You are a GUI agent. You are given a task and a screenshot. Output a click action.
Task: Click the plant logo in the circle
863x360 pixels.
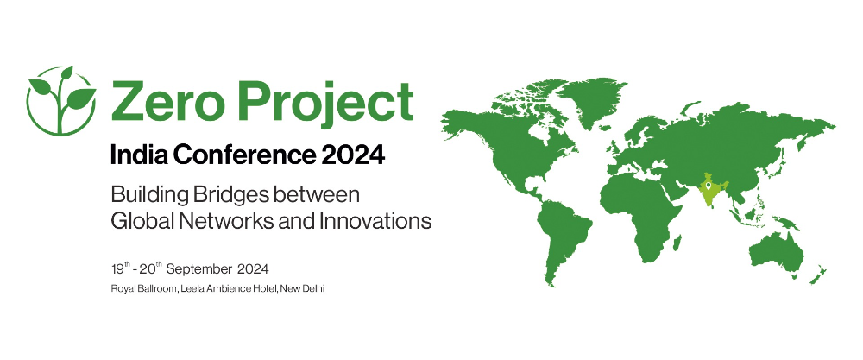[x=61, y=101]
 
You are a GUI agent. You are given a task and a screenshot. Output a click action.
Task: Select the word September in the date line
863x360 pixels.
[x=199, y=269]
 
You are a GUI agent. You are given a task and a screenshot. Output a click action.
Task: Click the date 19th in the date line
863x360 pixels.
[x=121, y=268]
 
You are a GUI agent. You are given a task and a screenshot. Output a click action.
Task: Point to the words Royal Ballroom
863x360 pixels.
[x=143, y=288]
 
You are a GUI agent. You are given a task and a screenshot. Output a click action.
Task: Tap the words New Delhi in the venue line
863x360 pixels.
[x=303, y=288]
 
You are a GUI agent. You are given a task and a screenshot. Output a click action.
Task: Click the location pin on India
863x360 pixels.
[x=708, y=186]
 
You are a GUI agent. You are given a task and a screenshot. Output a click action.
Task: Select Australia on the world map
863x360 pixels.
[x=776, y=253]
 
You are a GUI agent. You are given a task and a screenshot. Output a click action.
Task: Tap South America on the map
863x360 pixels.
[x=562, y=237]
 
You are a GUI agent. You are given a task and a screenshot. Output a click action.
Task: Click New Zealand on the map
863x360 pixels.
[x=818, y=275]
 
